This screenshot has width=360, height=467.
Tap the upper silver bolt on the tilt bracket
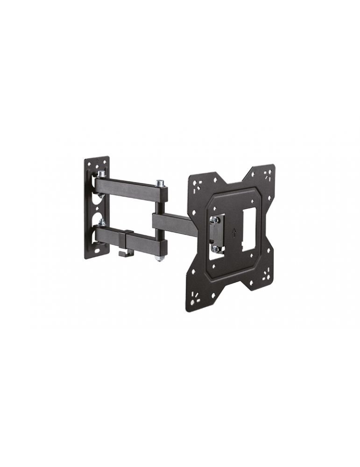pos(214,219)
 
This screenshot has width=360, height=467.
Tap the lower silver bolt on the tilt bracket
pos(215,248)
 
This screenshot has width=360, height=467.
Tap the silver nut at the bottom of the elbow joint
pos(160,257)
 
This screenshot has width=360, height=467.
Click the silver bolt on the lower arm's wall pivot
pos(101,222)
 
